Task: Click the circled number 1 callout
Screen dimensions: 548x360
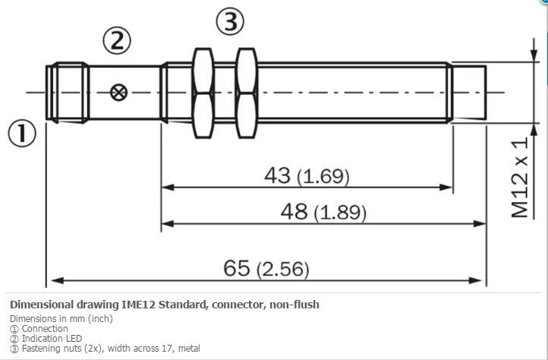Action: [22, 134]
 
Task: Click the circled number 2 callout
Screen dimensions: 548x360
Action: [117, 40]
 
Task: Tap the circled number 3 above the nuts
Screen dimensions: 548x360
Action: [230, 21]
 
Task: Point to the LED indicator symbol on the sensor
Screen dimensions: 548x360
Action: [119, 93]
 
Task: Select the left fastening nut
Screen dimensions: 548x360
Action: [203, 93]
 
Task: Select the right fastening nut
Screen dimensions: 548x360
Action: [247, 93]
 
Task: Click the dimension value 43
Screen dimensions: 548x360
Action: [277, 175]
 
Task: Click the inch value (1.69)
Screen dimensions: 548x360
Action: [323, 177]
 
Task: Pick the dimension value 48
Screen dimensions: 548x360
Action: [294, 211]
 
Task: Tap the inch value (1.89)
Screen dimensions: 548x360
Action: [340, 213]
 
